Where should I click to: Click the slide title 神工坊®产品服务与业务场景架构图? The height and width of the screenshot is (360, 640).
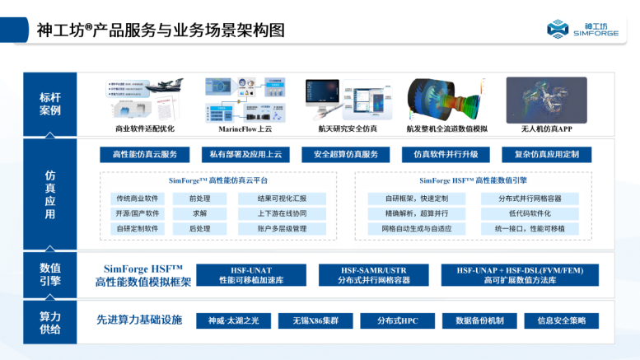(161, 30)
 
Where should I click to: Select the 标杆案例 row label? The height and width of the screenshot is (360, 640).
(49, 104)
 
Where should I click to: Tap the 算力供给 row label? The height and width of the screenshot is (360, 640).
(49, 321)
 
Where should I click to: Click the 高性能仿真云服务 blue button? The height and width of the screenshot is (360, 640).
(145, 155)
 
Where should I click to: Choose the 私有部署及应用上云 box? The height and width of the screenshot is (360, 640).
(246, 155)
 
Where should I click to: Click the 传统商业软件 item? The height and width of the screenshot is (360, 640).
(137, 199)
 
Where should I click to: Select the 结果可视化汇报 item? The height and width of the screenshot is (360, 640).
(282, 199)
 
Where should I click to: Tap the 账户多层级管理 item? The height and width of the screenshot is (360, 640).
(282, 228)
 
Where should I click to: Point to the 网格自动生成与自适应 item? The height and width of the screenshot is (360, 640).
(416, 228)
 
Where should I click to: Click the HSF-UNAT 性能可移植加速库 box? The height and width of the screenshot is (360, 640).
(251, 275)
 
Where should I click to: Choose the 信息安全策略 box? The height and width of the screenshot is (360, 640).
(561, 320)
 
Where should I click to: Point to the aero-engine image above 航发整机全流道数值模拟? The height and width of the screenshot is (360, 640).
(446, 99)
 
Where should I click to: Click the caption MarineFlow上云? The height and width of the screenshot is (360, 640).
(245, 129)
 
